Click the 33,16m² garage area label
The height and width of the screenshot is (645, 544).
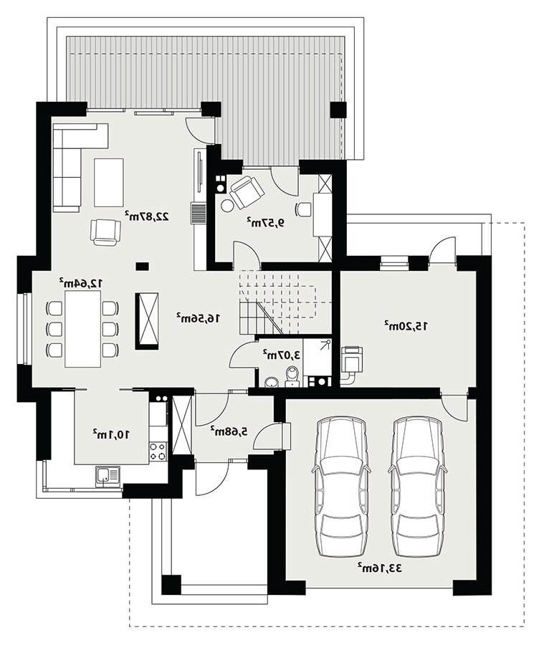click(379, 568)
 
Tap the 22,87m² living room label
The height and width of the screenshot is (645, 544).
click(148, 216)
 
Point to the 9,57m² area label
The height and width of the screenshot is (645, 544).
click(266, 223)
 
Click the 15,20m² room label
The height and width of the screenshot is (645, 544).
click(406, 326)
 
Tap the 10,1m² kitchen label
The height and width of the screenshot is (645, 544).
click(111, 434)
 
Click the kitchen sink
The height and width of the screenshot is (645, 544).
click(108, 477)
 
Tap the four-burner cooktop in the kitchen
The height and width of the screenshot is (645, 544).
click(158, 451)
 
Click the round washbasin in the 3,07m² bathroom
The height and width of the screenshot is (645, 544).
click(272, 383)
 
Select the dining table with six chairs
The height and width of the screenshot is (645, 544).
click(82, 329)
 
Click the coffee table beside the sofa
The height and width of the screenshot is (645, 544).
click(109, 183)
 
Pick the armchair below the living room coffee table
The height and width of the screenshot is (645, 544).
click(106, 231)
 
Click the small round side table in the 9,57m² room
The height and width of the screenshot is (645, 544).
click(227, 205)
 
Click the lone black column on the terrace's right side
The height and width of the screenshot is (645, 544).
click(339, 110)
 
